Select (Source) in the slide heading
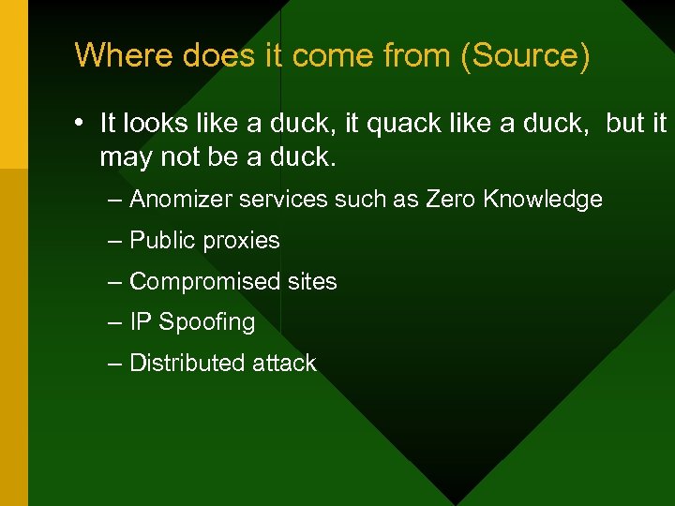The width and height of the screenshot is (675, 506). click(524, 56)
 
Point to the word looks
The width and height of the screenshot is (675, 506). click(155, 124)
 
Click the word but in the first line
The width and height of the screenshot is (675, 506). click(625, 124)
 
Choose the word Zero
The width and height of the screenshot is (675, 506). click(451, 200)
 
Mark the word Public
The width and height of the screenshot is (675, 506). click(158, 241)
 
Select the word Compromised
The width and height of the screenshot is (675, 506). click(192, 282)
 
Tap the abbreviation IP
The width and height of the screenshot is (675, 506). click(140, 322)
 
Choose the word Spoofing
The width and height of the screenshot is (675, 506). click(206, 323)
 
